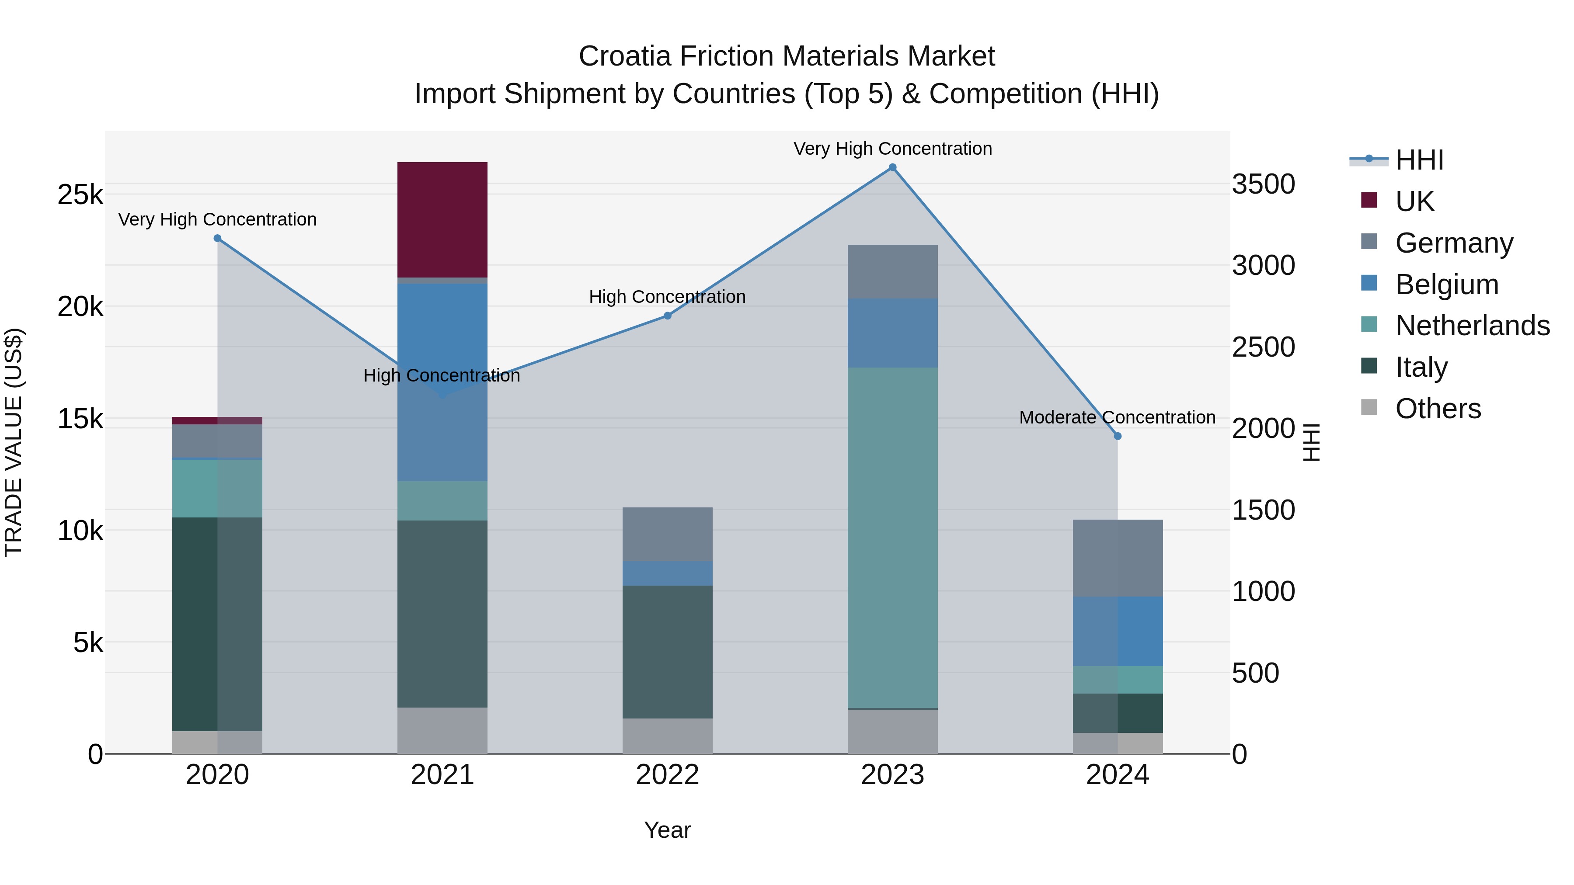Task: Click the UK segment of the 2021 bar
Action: [x=442, y=220]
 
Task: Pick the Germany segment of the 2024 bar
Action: [x=1118, y=558]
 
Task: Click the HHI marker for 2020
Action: [x=218, y=238]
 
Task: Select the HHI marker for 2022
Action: [x=667, y=316]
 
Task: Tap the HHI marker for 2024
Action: [x=1118, y=436]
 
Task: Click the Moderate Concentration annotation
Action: [x=1117, y=418]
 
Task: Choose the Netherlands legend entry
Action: [x=1473, y=326]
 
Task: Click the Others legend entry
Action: [x=1438, y=409]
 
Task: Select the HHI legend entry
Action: [x=1419, y=160]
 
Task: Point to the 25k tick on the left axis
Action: [x=80, y=195]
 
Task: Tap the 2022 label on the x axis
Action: [x=667, y=775]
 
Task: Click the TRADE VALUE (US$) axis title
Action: [x=14, y=442]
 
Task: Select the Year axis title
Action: [x=667, y=830]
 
